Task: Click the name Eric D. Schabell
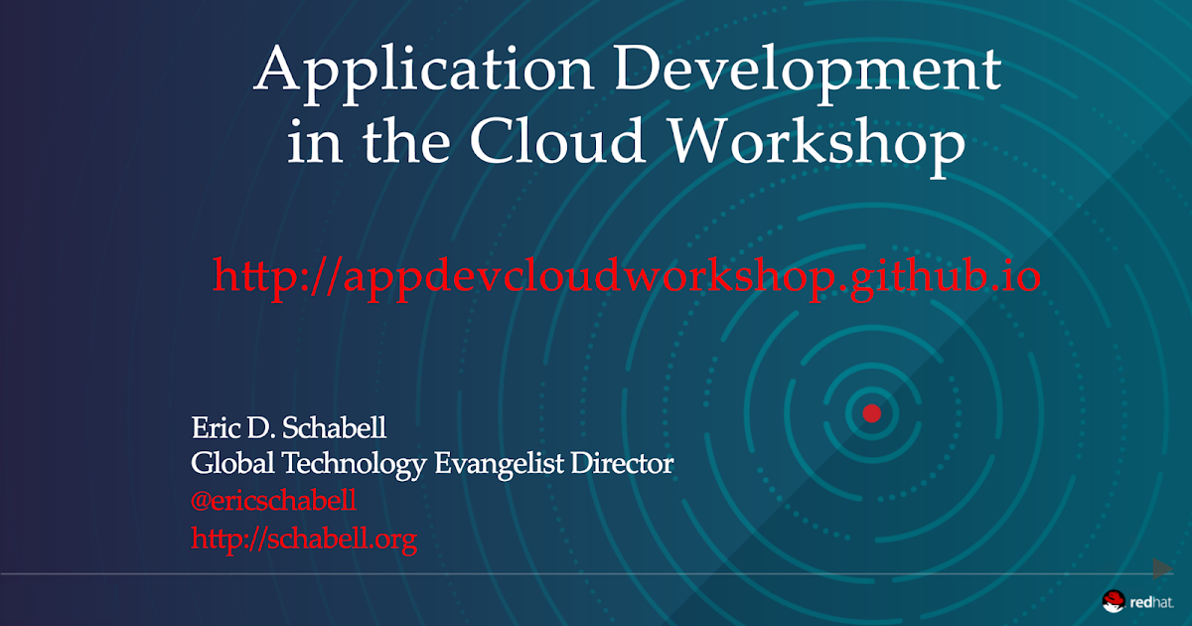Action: (288, 430)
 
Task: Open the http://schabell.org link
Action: (303, 539)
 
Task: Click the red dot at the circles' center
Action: (871, 413)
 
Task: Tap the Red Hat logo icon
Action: (1113, 599)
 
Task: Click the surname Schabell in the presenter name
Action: (338, 430)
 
